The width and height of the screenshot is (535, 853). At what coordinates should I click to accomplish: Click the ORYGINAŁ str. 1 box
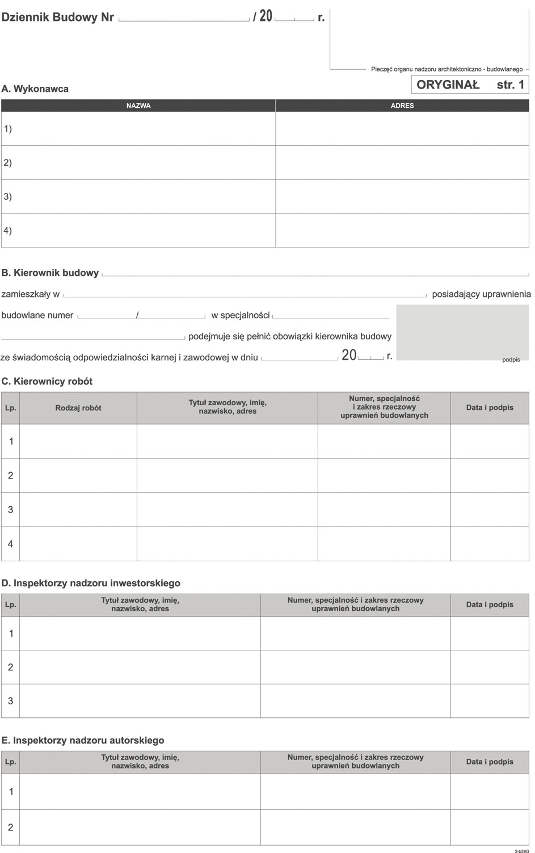tap(470, 85)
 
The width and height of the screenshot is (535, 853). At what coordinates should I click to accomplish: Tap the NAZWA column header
tap(138, 106)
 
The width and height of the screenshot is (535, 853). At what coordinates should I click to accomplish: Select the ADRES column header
tap(402, 106)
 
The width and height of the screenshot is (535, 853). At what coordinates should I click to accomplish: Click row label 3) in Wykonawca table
tap(8, 196)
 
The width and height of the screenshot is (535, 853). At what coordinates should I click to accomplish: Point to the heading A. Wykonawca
tap(35, 89)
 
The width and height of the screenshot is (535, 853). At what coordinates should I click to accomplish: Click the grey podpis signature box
tap(462, 333)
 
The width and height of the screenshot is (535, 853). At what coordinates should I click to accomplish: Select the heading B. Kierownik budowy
tap(50, 273)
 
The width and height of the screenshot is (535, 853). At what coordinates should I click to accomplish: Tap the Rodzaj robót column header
tap(78, 407)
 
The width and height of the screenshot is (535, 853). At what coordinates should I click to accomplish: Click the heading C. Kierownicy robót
tap(47, 381)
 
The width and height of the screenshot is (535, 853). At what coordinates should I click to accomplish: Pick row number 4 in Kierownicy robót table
tap(10, 544)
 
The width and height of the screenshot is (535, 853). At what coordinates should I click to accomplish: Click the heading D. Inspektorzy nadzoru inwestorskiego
tap(91, 583)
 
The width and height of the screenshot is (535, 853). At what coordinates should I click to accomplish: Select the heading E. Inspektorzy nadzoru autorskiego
tap(83, 740)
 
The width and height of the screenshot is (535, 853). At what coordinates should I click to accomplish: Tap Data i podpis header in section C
tap(490, 407)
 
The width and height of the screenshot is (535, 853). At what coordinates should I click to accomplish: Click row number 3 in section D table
tap(10, 701)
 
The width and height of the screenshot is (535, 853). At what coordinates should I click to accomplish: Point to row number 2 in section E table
tap(10, 827)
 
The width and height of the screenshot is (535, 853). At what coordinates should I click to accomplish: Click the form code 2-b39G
tap(521, 850)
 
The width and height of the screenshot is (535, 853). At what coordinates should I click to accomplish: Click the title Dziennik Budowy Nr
tap(58, 17)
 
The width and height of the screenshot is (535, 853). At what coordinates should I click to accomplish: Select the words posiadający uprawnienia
tap(481, 294)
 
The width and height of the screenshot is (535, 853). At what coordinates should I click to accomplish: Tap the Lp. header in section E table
tap(10, 762)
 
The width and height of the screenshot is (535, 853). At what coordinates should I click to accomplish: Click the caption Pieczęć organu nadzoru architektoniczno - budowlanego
tap(446, 69)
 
